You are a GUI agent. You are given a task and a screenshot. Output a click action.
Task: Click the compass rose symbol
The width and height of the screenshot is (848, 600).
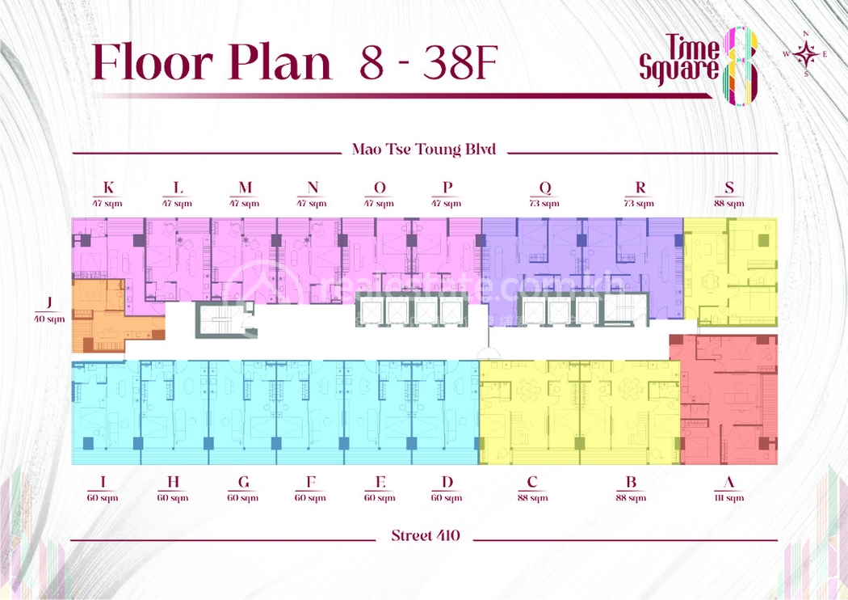(x=805, y=54)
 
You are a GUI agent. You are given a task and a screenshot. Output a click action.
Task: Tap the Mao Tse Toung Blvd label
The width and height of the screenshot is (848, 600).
(x=423, y=150)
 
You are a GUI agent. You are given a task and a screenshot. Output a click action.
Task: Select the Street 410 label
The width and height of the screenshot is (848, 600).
(x=425, y=535)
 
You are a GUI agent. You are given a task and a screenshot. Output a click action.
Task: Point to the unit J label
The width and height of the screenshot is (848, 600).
(x=49, y=303)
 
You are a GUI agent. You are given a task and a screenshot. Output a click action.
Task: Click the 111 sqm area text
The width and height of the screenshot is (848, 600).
(x=729, y=498)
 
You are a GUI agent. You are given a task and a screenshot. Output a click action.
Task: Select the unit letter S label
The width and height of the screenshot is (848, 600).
(x=729, y=188)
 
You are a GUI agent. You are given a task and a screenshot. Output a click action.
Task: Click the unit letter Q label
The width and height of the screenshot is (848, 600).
(x=545, y=188)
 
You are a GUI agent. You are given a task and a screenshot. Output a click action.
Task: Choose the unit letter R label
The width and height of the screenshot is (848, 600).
(x=640, y=188)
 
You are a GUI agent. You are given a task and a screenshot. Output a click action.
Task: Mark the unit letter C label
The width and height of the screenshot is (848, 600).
(x=532, y=483)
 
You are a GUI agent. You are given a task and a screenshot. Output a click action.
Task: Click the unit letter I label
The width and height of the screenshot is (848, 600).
(x=102, y=483)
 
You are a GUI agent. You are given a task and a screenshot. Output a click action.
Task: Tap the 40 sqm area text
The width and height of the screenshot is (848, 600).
(x=49, y=319)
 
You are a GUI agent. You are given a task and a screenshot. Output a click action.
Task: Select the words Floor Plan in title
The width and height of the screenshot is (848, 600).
(x=212, y=63)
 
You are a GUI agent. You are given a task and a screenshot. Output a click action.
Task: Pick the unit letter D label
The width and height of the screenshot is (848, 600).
(x=447, y=483)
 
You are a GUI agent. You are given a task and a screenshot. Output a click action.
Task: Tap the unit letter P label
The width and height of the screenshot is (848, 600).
(x=447, y=188)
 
